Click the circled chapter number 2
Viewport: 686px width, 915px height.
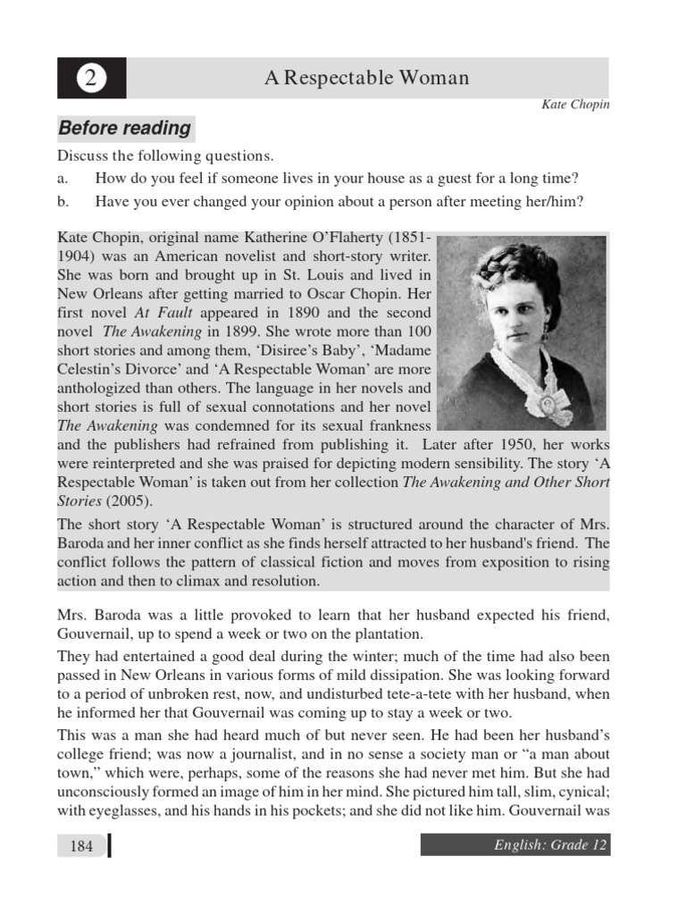91,79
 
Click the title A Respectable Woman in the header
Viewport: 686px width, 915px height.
366,78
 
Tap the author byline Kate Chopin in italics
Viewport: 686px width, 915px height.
575,105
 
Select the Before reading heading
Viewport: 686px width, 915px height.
125,128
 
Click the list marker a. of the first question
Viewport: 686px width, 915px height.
63,178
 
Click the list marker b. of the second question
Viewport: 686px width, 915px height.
63,201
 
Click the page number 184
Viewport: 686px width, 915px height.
80,846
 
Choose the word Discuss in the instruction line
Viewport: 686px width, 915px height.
82,155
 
